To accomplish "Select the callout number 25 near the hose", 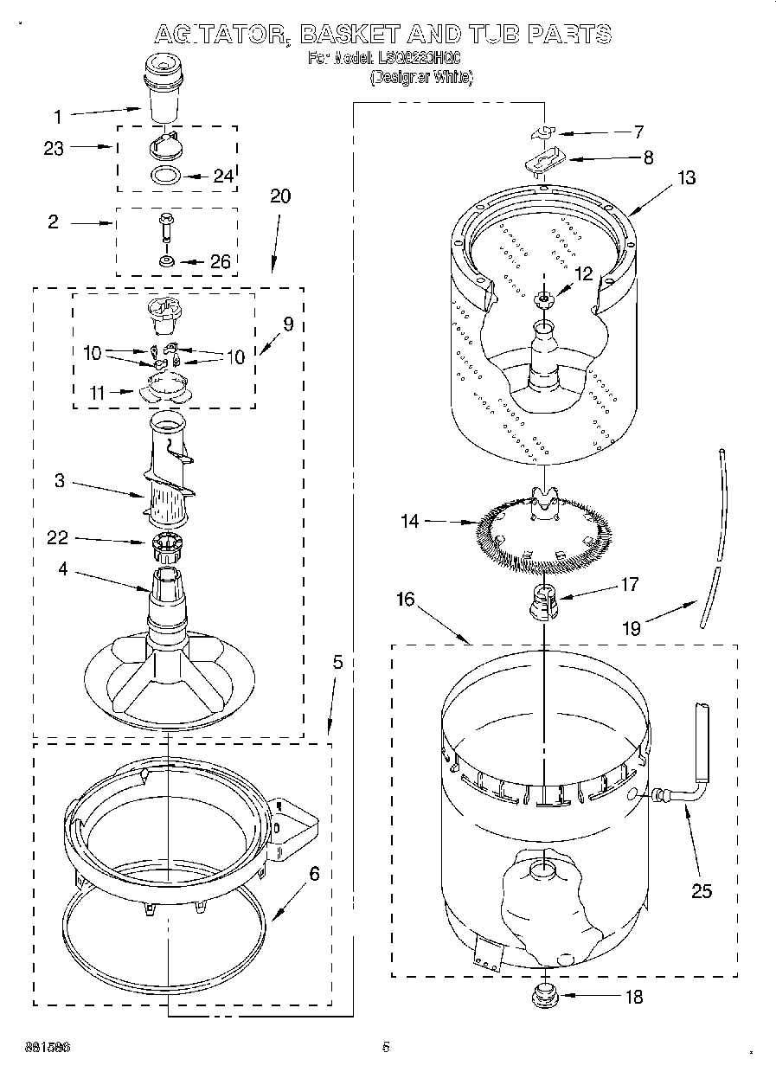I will click(x=702, y=890).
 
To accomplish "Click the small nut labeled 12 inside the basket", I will click(x=543, y=299).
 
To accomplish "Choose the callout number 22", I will click(x=59, y=538).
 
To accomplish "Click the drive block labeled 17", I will click(x=543, y=600).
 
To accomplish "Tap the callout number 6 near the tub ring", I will click(x=314, y=874).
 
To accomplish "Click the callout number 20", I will click(x=279, y=196).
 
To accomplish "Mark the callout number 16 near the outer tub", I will click(x=406, y=599).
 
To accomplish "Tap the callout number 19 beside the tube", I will click(x=632, y=628).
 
